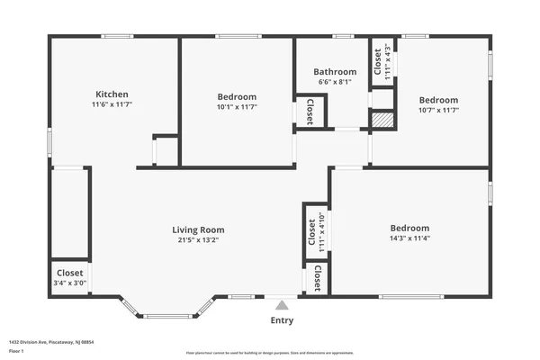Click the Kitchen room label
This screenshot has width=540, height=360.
click(x=112, y=94)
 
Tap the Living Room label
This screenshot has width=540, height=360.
click(x=199, y=229)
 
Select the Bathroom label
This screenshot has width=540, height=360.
click(x=335, y=72)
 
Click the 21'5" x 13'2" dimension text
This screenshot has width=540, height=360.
click(x=199, y=240)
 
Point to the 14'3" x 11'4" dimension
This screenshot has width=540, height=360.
click(x=409, y=238)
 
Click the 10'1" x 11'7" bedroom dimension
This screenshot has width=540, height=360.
click(x=237, y=107)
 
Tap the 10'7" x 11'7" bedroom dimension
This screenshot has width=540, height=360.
click(x=438, y=110)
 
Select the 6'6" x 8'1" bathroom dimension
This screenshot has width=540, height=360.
click(x=335, y=82)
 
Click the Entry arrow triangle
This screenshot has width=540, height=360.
click(x=282, y=306)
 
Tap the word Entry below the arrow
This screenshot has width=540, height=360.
click(x=282, y=320)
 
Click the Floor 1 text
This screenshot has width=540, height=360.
click(x=18, y=350)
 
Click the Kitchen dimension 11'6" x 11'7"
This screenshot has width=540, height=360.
click(x=112, y=104)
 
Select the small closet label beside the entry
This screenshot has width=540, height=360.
click(x=319, y=280)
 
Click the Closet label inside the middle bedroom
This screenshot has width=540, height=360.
click(x=310, y=111)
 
